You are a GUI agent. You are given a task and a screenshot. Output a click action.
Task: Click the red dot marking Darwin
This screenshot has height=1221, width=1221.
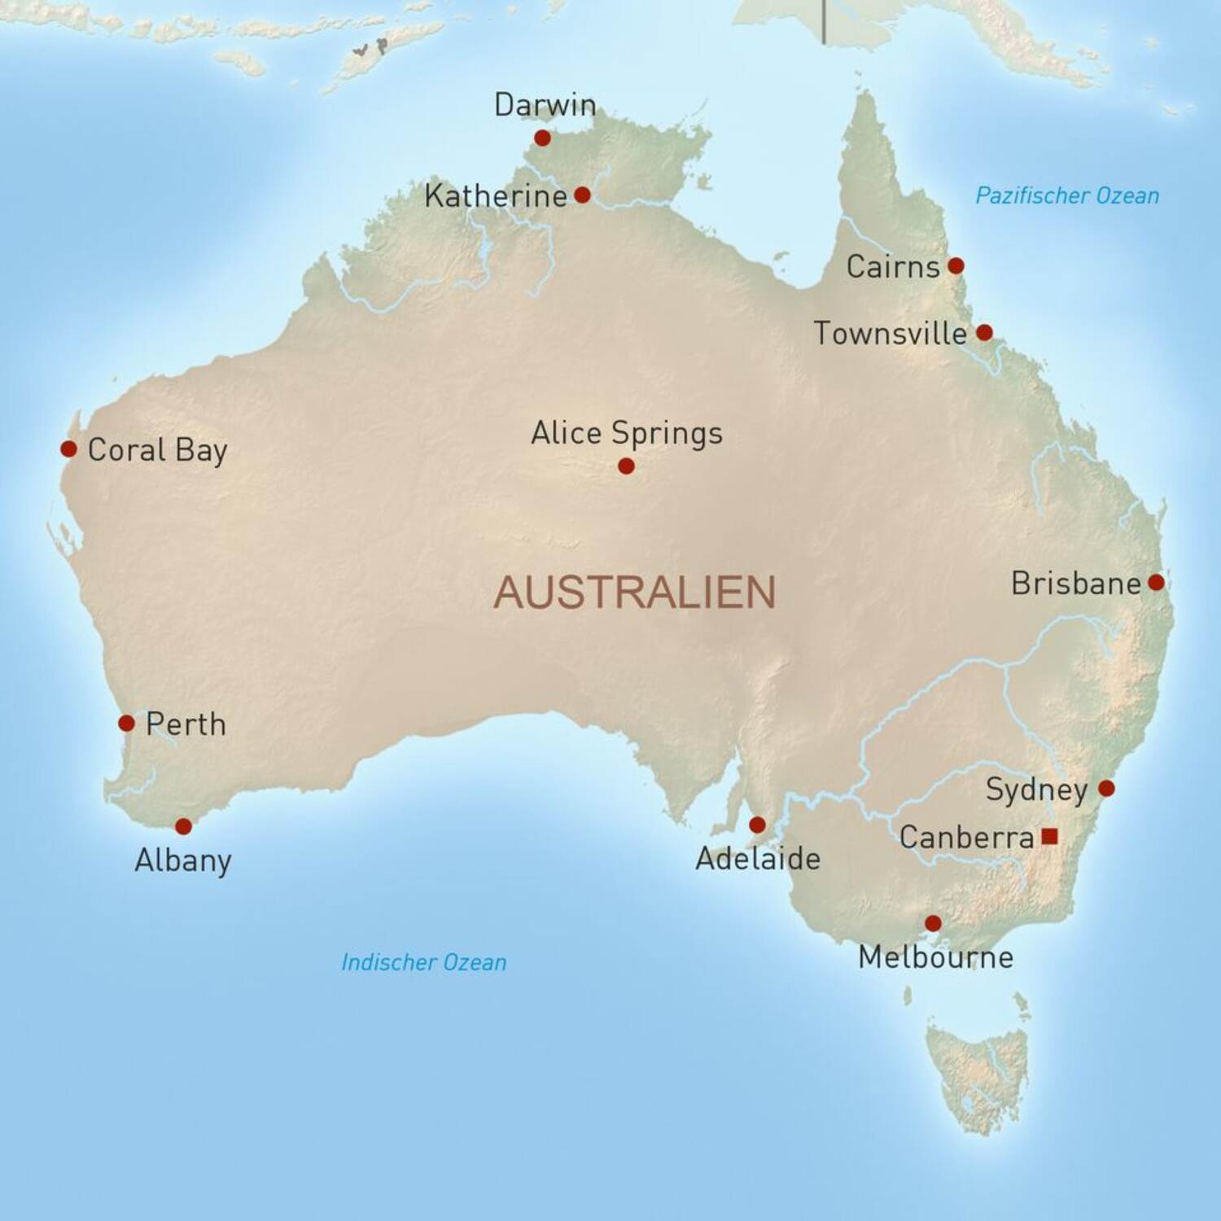pyautogui.click(x=542, y=138)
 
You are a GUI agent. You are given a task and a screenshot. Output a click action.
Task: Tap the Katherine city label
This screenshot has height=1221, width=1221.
pyautogui.click(x=495, y=196)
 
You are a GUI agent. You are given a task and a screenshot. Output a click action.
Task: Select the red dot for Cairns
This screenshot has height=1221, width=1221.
pyautogui.click(x=956, y=265)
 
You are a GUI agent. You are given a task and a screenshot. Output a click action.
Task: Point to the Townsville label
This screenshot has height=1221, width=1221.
pyautogui.click(x=890, y=333)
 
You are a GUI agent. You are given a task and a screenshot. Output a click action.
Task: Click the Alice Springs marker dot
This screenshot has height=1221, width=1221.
pyautogui.click(x=626, y=466)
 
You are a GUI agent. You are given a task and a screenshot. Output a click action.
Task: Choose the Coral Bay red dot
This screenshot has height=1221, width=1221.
pyautogui.click(x=68, y=449)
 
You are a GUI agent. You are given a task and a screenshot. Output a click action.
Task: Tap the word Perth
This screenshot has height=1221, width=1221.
pyautogui.click(x=186, y=724)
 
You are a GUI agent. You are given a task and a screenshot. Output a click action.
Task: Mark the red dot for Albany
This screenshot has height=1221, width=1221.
pyautogui.click(x=183, y=826)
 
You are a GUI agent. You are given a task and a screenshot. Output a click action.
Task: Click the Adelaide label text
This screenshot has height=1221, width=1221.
pyautogui.click(x=757, y=859)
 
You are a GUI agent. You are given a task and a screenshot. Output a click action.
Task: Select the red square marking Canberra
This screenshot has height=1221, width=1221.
pyautogui.click(x=1049, y=836)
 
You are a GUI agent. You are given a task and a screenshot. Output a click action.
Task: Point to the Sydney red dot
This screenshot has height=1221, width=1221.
pyautogui.click(x=1106, y=788)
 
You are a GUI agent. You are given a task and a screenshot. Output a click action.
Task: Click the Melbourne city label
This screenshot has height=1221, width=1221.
pyautogui.click(x=935, y=957)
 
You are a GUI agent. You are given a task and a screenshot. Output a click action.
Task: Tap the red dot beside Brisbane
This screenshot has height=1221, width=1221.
pyautogui.click(x=1156, y=582)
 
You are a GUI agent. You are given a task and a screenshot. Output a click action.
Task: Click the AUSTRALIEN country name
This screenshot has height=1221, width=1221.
pyautogui.click(x=634, y=592)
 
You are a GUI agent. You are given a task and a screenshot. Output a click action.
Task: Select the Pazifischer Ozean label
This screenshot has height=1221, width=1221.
pyautogui.click(x=1067, y=195)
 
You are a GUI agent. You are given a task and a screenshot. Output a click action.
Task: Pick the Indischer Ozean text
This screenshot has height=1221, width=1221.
pyautogui.click(x=423, y=962)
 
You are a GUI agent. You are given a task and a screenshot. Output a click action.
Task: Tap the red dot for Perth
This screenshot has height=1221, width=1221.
pyautogui.click(x=126, y=723)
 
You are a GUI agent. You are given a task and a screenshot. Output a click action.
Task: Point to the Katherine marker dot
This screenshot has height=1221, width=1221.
pyautogui.click(x=582, y=195)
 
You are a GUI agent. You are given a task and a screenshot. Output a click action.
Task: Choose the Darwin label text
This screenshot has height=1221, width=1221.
pyautogui.click(x=545, y=105)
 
